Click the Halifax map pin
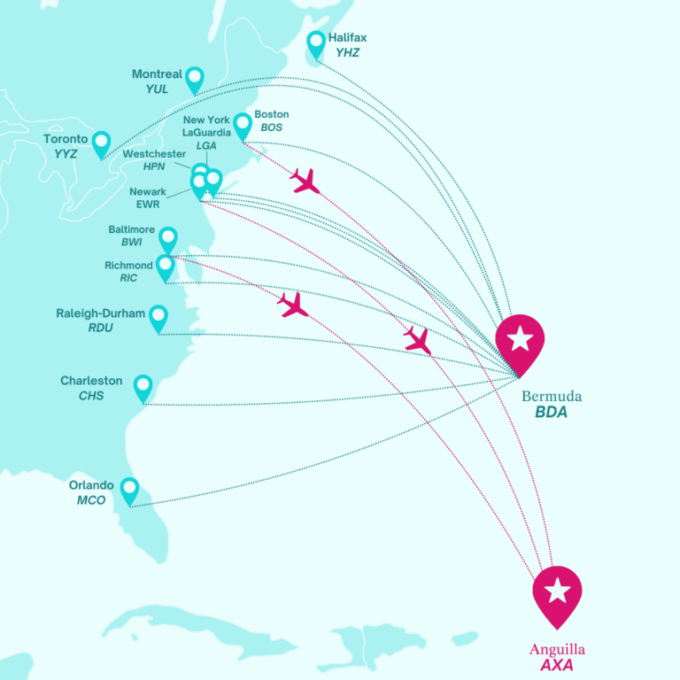(x=316, y=43)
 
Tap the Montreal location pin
(x=194, y=79)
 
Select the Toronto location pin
(x=101, y=143)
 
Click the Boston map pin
(x=243, y=125)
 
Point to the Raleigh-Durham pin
(x=158, y=317)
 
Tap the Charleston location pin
(x=143, y=387)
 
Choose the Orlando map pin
(x=129, y=490)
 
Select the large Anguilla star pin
(x=557, y=592)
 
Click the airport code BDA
(x=551, y=413)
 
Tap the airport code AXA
(x=558, y=664)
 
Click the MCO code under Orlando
(x=91, y=500)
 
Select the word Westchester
(x=154, y=154)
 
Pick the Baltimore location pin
(x=167, y=238)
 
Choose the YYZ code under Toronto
(x=66, y=154)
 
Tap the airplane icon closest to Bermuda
(x=417, y=340)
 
